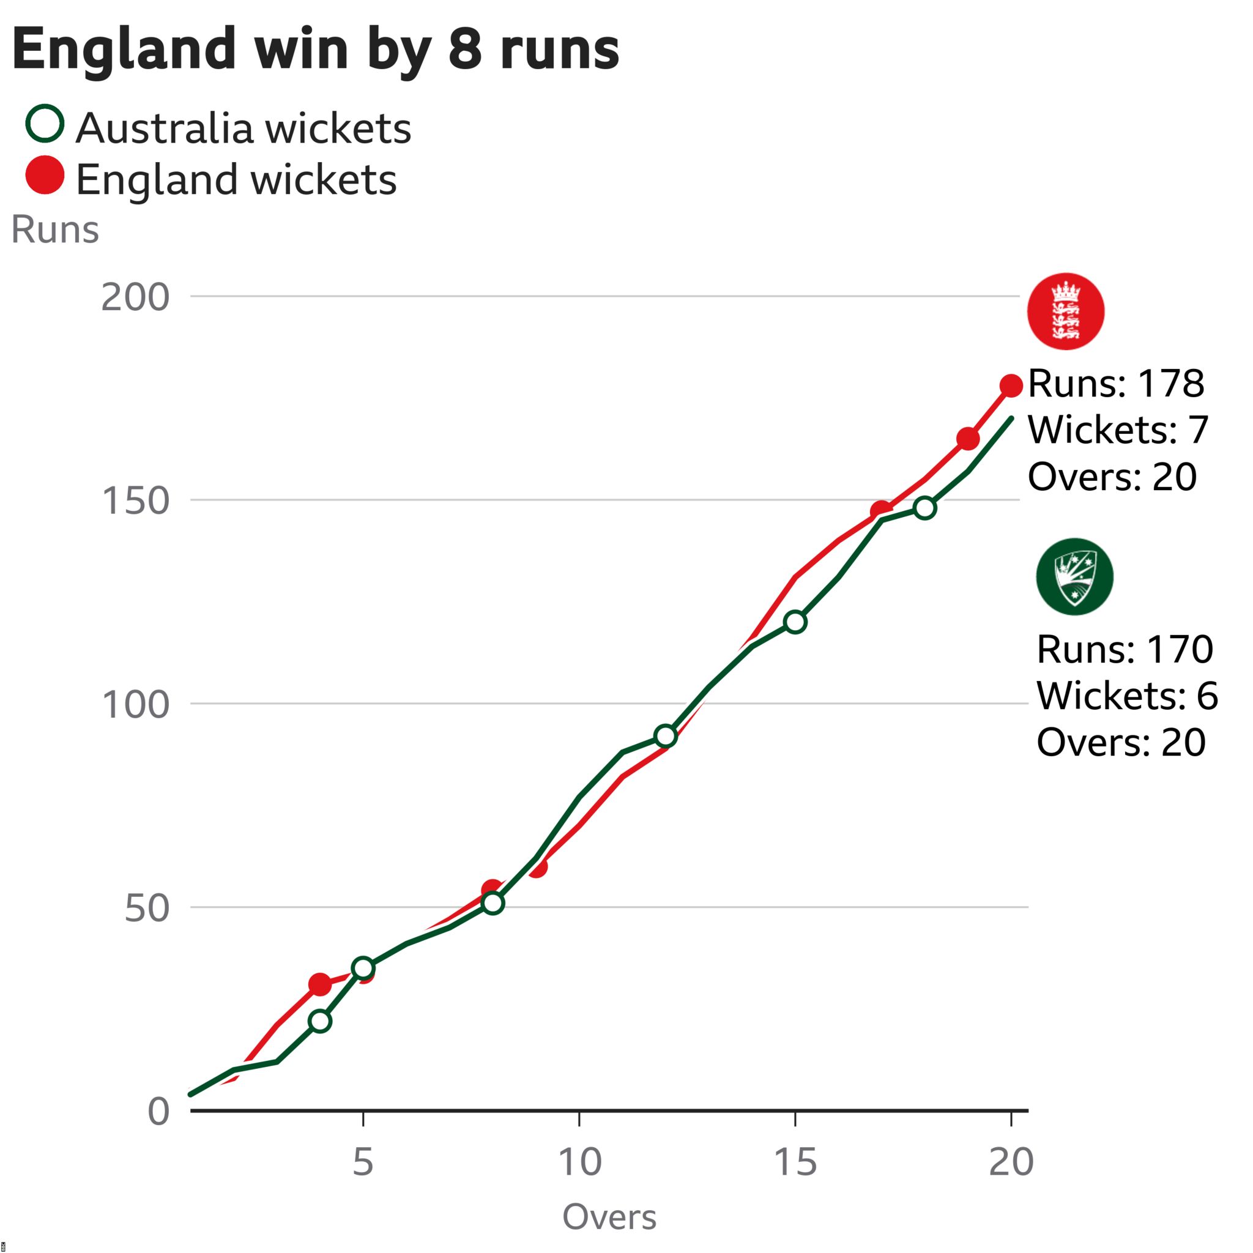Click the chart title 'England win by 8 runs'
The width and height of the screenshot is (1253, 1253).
pyautogui.click(x=315, y=51)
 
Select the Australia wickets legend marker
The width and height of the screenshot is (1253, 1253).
pyautogui.click(x=45, y=123)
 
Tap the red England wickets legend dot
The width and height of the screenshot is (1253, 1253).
pyautogui.click(x=45, y=175)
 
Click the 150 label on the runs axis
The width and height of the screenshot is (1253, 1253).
pyautogui.click(x=135, y=500)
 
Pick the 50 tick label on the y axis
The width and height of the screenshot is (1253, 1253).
pyautogui.click(x=147, y=908)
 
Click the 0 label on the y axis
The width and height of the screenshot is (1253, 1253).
pyautogui.click(x=158, y=1112)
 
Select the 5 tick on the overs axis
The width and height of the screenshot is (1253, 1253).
pyautogui.click(x=363, y=1162)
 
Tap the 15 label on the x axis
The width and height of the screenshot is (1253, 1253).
pyautogui.click(x=795, y=1162)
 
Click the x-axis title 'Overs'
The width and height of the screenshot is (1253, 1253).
pyautogui.click(x=609, y=1217)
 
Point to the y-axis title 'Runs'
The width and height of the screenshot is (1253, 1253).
pyautogui.click(x=55, y=229)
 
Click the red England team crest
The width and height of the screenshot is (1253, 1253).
pyautogui.click(x=1066, y=311)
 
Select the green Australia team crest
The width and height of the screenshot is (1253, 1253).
pyautogui.click(x=1074, y=576)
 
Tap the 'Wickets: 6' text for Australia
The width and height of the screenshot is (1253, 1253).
pyautogui.click(x=1127, y=695)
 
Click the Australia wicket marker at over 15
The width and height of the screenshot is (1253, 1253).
pyautogui.click(x=795, y=623)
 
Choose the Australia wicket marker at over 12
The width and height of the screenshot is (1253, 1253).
pyautogui.click(x=666, y=736)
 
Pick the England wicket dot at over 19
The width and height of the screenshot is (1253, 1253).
pyautogui.click(x=968, y=439)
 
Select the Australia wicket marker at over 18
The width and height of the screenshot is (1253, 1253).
pyautogui.click(x=925, y=508)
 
